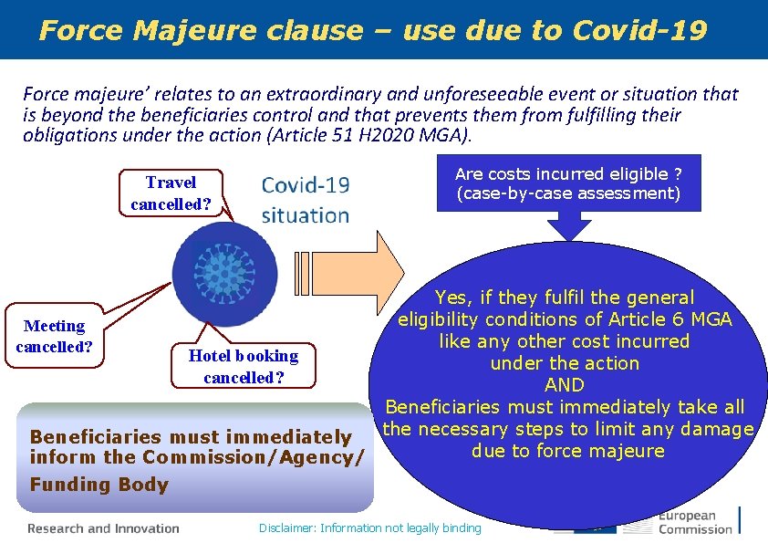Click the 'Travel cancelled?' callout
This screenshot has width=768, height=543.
point(171,193)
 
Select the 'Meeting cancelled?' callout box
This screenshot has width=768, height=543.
point(55,336)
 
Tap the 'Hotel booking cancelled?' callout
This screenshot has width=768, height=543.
point(243,366)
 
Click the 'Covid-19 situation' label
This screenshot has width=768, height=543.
point(305,200)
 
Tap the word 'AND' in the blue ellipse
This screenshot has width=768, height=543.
point(564,385)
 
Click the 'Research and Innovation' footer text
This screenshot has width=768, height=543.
point(103,527)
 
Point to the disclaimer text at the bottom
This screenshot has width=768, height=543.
point(369,527)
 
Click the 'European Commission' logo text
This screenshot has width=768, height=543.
point(695,522)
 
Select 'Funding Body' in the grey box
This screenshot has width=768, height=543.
point(99,485)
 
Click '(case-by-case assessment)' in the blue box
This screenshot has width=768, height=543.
point(568,193)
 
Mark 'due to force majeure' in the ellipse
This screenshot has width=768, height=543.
point(567,451)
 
